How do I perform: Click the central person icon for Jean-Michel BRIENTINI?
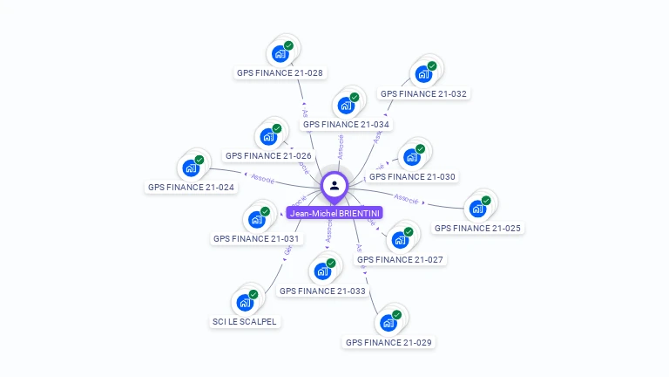[334, 185]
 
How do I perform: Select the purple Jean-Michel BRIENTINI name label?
[334, 213]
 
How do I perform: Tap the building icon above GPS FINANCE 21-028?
[280, 54]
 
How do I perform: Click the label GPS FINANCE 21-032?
[424, 93]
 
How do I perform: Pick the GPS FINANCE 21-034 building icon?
[346, 106]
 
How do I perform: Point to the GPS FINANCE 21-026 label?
[268, 155]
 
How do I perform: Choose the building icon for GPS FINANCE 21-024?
[191, 168]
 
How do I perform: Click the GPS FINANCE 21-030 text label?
[417, 176]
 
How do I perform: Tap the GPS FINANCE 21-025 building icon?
[477, 209]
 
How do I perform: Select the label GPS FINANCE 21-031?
[256, 238]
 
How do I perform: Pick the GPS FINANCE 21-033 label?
[322, 291]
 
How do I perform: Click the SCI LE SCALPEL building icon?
[245, 303]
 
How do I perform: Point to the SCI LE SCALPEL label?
[245, 321]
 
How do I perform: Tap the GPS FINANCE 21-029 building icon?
[389, 323]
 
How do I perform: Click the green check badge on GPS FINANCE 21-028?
[288, 45]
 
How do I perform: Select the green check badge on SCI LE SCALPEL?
[253, 294]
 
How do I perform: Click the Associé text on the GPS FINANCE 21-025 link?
[408, 198]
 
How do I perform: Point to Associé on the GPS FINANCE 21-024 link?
[261, 179]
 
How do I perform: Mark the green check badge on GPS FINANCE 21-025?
[486, 200]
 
